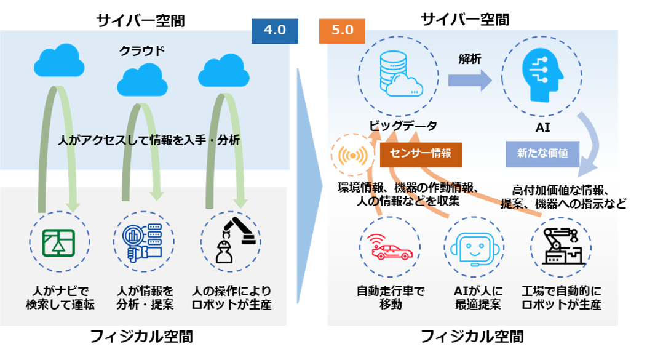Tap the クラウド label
[142, 51]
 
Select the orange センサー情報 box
[420, 154]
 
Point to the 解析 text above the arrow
[470, 59]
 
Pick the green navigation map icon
[59, 242]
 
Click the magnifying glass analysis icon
[142, 242]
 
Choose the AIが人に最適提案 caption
[478, 297]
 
